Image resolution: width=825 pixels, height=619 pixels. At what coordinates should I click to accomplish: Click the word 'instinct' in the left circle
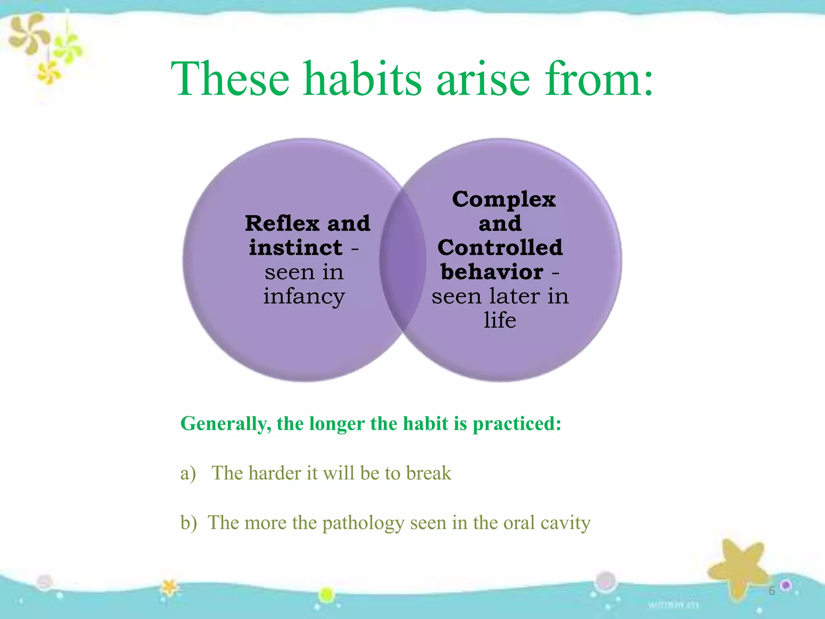coord(296,247)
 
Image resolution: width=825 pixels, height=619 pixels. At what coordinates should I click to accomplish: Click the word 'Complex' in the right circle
coord(504,199)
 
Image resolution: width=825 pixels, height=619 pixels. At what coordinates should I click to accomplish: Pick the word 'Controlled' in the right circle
coord(500,247)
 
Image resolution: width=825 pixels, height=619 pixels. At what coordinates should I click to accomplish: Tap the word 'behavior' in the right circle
coord(492,272)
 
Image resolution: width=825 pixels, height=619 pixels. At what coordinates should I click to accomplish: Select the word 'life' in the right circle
coord(500,320)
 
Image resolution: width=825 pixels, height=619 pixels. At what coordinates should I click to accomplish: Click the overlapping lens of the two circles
coord(402,260)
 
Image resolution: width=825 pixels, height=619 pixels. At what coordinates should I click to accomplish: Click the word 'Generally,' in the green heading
coord(226,424)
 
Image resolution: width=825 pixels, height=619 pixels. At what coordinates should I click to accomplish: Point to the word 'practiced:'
coord(516,424)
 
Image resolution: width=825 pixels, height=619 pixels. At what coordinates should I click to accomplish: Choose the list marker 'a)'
coord(188,474)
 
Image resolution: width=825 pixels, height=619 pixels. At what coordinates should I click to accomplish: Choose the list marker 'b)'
coord(189,523)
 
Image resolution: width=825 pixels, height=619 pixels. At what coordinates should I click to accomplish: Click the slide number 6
coord(771,591)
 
